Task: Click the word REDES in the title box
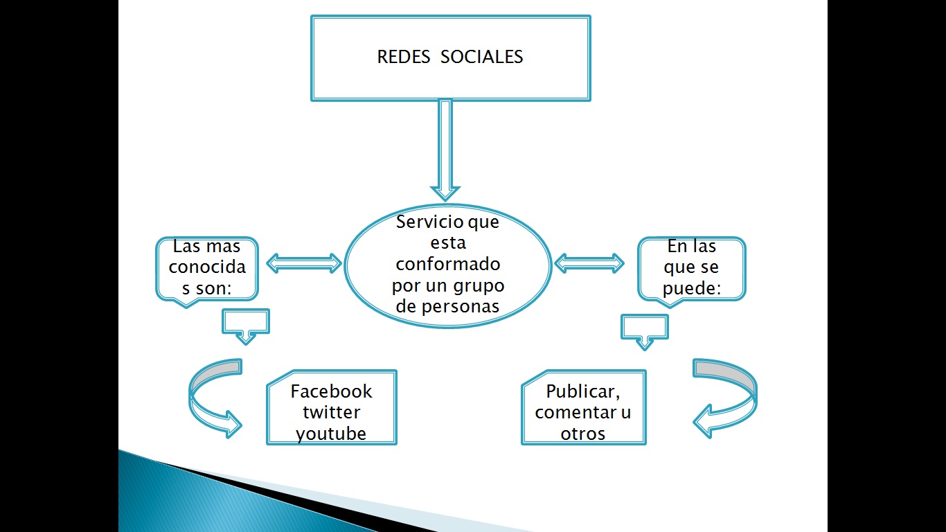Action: point(403,57)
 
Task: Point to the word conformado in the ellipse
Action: point(448,265)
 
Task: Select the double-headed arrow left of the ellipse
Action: point(305,263)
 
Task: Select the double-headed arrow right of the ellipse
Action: point(589,263)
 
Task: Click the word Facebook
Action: point(331,391)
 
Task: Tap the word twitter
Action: point(331,412)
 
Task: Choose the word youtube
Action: point(331,434)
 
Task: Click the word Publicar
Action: point(582,391)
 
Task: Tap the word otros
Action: point(583,434)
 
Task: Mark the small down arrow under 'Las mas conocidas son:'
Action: point(245,326)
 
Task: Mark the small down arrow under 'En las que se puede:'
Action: point(645,332)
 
